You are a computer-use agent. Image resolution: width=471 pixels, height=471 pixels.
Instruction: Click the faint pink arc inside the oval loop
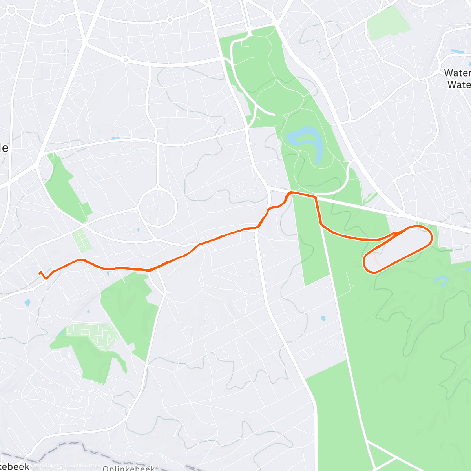(378, 259)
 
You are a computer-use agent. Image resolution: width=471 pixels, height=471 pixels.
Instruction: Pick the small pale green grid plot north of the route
(82, 240)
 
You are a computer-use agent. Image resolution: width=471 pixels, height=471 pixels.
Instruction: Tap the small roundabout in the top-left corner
(11, 11)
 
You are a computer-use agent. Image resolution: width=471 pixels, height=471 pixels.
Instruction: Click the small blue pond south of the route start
(27, 303)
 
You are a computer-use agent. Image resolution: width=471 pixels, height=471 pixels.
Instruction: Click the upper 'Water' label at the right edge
(457, 73)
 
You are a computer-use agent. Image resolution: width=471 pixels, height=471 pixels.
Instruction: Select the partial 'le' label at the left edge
(4, 148)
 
